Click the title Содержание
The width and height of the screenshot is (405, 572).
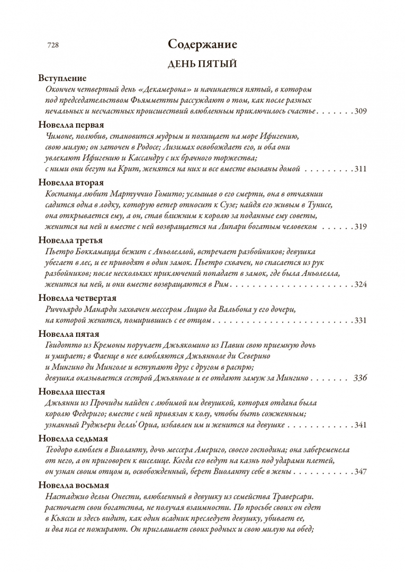point(202,44)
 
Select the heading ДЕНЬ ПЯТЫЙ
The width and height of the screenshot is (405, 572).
point(202,64)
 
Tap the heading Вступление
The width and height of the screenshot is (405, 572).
point(62,78)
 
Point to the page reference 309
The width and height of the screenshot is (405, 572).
point(361,111)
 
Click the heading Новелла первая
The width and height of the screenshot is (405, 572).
point(71,125)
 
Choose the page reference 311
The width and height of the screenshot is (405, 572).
point(361,169)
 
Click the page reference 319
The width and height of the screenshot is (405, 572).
point(361,227)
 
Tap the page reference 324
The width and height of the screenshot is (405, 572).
point(361,284)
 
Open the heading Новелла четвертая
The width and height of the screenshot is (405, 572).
point(77,298)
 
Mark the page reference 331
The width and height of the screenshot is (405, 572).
point(361,320)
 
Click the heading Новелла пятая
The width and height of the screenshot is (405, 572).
point(69,334)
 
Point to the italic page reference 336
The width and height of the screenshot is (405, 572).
point(360,378)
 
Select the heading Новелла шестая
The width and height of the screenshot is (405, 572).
point(71,392)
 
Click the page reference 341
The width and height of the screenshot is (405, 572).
point(361,425)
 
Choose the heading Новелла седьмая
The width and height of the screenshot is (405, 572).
point(73,439)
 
